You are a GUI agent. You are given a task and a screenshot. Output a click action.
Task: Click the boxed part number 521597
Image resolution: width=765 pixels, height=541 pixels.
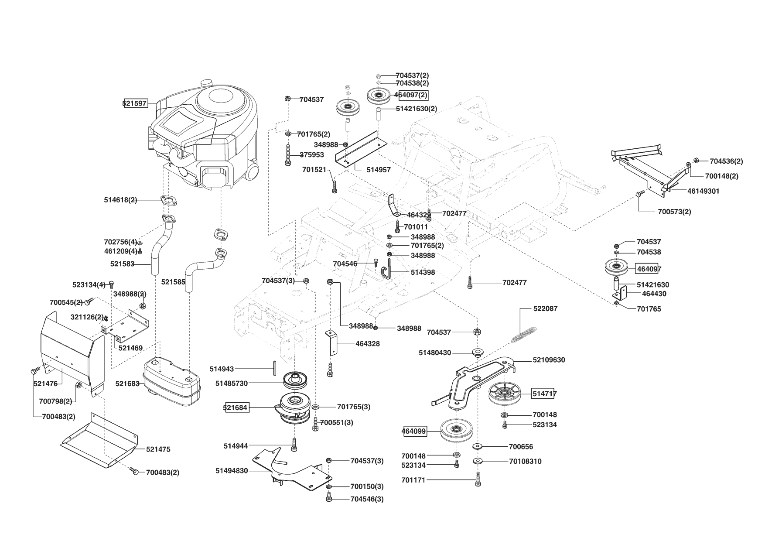pyautogui.click(x=135, y=104)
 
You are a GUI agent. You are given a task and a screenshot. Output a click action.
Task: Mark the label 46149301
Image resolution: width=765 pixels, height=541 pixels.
pyautogui.click(x=704, y=191)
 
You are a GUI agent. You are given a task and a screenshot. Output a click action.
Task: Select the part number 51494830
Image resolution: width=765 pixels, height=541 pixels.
pyautogui.click(x=231, y=471)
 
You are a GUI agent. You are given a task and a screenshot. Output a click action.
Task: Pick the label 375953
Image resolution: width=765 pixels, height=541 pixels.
pyautogui.click(x=312, y=155)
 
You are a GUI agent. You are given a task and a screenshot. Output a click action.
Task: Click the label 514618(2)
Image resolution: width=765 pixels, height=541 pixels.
pyautogui.click(x=120, y=200)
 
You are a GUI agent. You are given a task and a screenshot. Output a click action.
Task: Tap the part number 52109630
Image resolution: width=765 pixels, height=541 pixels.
pyautogui.click(x=549, y=360)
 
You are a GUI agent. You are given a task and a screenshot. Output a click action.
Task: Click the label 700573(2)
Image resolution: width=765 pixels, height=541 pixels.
pyautogui.click(x=674, y=212)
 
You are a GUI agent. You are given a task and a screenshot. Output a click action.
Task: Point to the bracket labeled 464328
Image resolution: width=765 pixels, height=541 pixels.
pyautogui.click(x=332, y=342)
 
